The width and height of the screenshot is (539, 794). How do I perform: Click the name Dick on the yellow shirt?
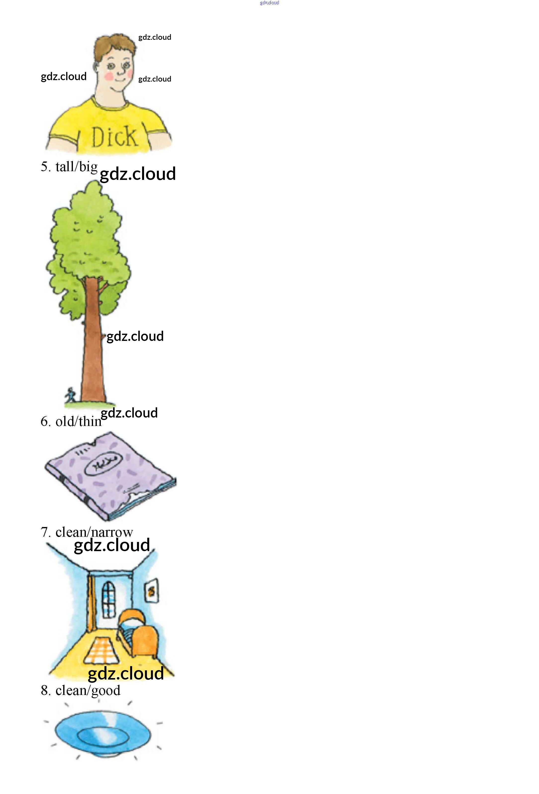pyautogui.click(x=114, y=137)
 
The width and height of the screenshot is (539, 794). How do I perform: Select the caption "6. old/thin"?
pyautogui.click(x=71, y=421)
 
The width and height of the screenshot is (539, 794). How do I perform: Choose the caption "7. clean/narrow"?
pyautogui.click(x=87, y=532)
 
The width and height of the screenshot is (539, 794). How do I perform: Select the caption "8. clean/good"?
pyautogui.click(x=81, y=690)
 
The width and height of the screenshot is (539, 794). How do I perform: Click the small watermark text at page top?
pyautogui.click(x=269, y=3)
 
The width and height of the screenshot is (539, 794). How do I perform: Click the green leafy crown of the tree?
pyautogui.click(x=87, y=239)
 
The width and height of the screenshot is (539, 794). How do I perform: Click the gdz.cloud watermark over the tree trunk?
pyautogui.click(x=135, y=336)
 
